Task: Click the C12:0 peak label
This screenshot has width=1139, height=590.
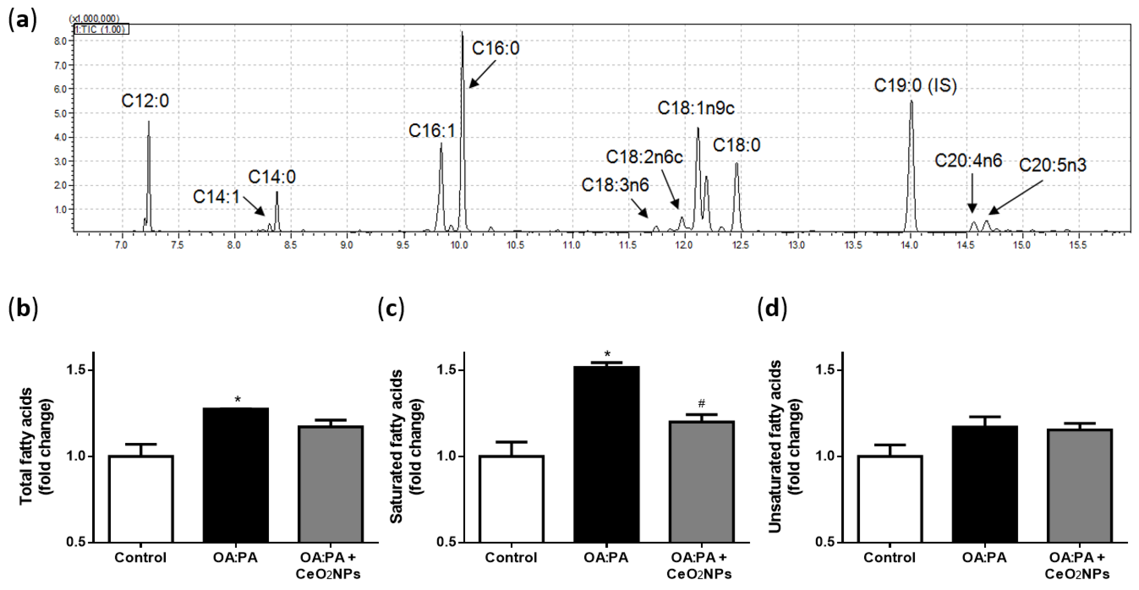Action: [x=145, y=101]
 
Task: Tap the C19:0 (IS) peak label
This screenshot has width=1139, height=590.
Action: [x=915, y=85]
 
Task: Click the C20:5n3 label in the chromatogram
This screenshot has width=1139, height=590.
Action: [x=1052, y=165]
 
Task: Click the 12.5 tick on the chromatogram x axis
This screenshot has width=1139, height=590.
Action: [x=741, y=245]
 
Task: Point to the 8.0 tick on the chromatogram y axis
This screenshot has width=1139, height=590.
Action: [x=60, y=41]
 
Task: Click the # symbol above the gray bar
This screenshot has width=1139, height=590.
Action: [x=701, y=403]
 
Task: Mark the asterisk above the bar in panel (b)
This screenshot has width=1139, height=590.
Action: [x=238, y=400]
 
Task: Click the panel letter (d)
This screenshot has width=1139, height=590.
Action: [x=772, y=308]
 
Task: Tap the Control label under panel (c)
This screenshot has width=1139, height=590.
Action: [x=511, y=558]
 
